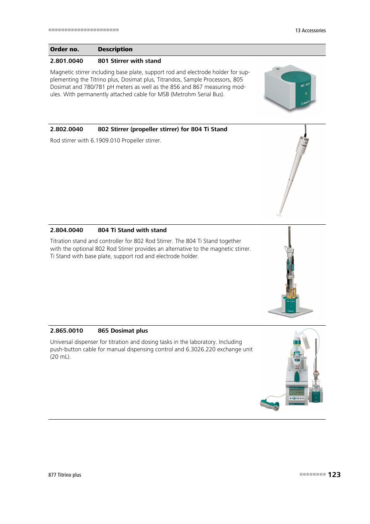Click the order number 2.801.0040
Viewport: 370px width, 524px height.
tap(66, 61)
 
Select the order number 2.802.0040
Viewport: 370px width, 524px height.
tap(66, 129)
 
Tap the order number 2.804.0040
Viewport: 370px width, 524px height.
tap(66, 230)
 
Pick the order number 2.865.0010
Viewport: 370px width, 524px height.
tap(66, 331)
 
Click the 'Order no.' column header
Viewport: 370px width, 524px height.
tap(64, 49)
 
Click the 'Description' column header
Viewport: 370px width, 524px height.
tap(115, 49)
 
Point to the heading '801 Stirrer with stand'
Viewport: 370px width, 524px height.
tap(129, 61)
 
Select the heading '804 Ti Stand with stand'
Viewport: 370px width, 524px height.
tap(132, 230)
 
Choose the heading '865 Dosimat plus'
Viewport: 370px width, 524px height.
tap(123, 331)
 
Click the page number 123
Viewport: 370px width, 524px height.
tap(334, 474)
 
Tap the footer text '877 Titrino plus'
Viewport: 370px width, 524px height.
tap(65, 475)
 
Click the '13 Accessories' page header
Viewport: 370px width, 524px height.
tap(310, 31)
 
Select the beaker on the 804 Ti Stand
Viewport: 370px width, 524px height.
tap(291, 291)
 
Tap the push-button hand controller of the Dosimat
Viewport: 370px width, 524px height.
tap(270, 405)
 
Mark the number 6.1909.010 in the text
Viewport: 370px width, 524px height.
tap(105, 141)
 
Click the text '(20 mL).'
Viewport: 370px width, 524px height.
tap(60, 357)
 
